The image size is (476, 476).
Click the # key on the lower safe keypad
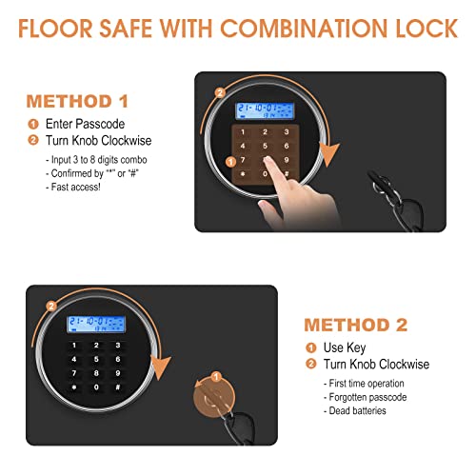pyautogui.click(x=116, y=388)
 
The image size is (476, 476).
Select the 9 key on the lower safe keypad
pyautogui.click(x=116, y=374)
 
